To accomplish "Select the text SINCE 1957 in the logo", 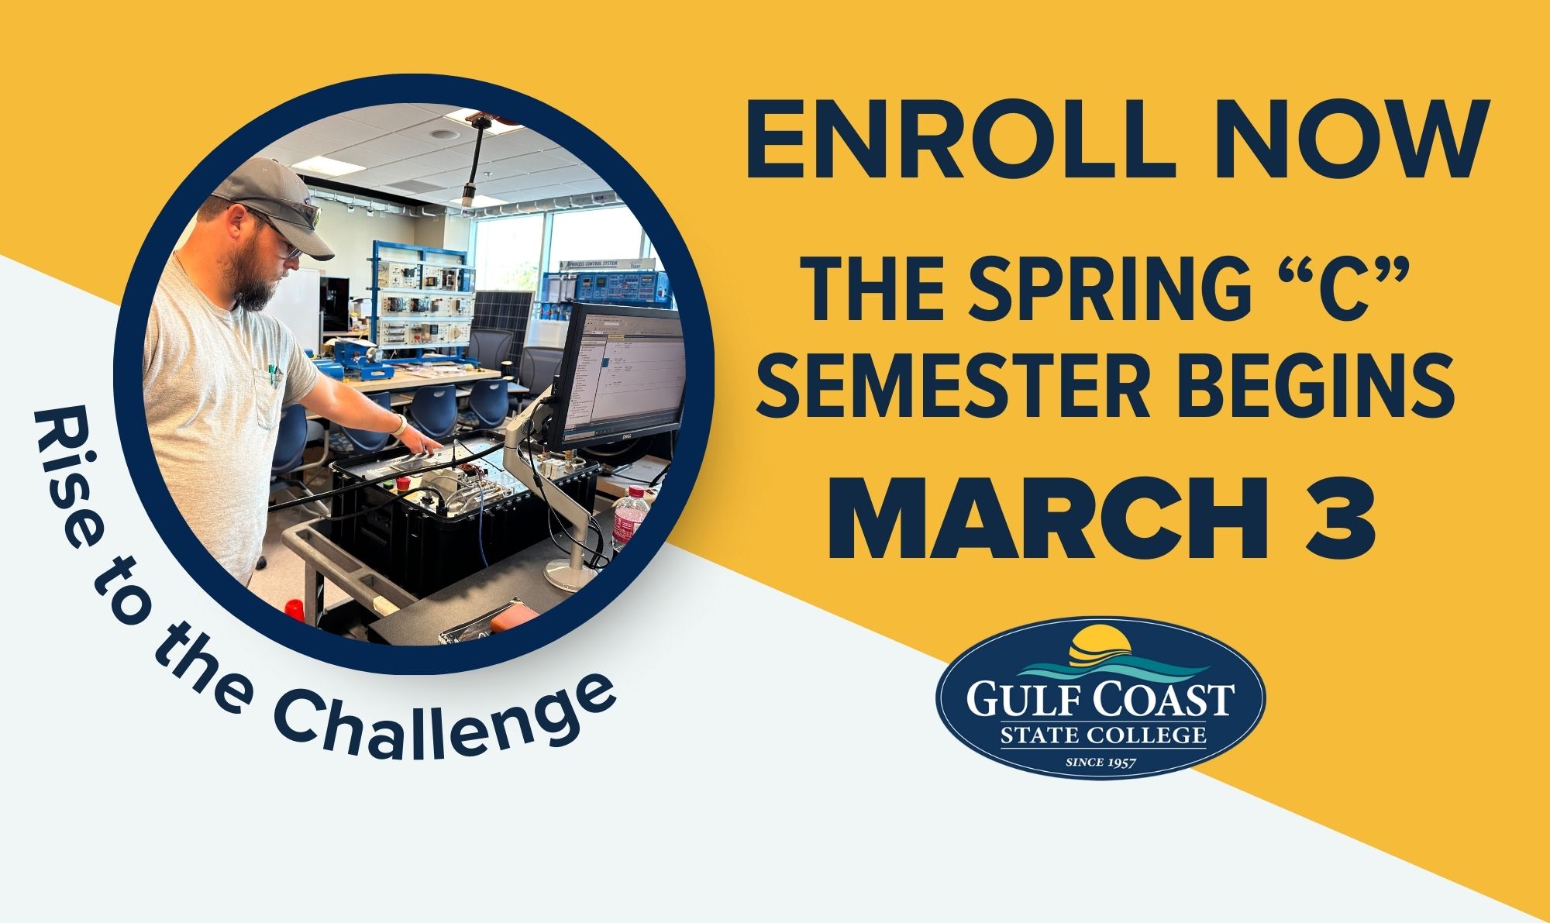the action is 1101,763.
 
